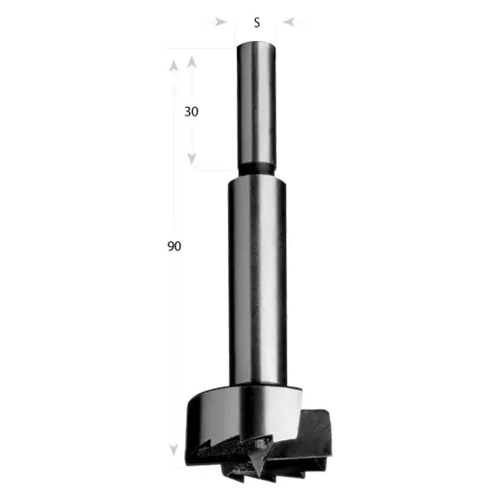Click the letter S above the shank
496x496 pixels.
tap(257, 23)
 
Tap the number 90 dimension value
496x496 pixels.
tap(174, 246)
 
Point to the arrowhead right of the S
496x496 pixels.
tap(290, 23)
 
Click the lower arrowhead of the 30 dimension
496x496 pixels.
tap(193, 159)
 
